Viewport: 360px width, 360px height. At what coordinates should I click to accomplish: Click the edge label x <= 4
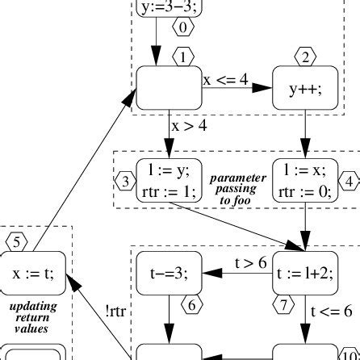point(226,80)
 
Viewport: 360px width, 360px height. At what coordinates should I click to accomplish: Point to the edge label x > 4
point(187,126)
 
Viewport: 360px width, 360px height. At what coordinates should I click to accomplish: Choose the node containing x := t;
point(35,272)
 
